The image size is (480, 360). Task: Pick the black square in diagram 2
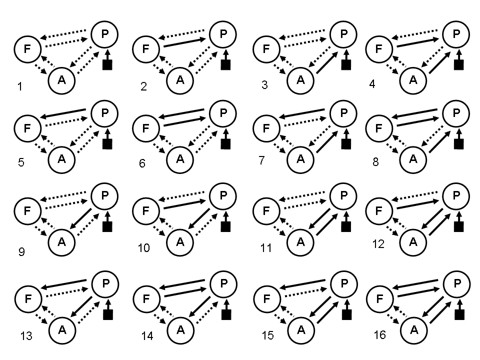(x=226, y=64)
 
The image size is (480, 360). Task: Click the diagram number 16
(x=379, y=334)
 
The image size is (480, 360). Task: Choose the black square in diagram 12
(x=458, y=226)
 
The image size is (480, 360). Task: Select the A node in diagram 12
(x=413, y=241)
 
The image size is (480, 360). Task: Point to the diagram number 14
(x=147, y=336)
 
